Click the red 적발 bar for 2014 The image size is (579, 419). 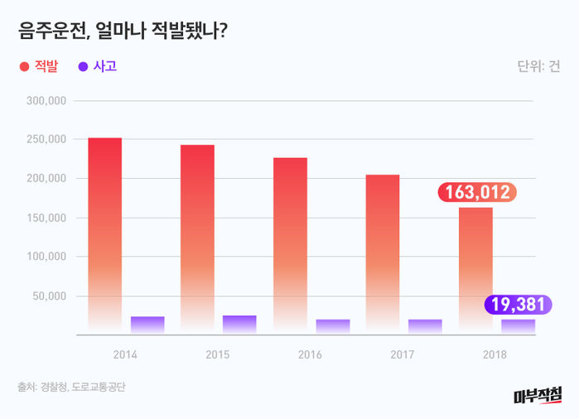(105, 236)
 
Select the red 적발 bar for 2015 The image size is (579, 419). (197, 240)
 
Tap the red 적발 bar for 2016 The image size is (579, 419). (290, 246)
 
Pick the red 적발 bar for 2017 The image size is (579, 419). (383, 254)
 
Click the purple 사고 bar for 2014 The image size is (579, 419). (147, 325)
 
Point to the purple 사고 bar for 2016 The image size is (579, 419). (333, 326)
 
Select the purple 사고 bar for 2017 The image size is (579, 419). (425, 326)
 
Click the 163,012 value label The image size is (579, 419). (477, 193)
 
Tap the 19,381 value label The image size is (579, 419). (515, 305)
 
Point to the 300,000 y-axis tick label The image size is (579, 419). (47, 100)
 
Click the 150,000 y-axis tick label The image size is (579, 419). (47, 218)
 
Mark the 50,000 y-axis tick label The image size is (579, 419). (51, 296)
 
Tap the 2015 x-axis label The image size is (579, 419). (218, 354)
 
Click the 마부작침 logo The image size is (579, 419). (538, 396)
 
